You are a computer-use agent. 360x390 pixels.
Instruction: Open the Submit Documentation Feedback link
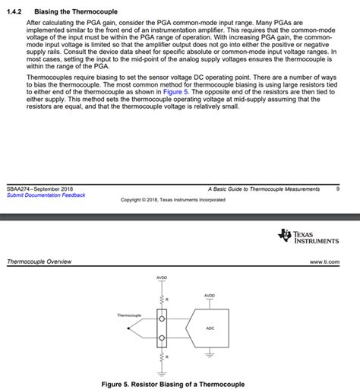click(46, 195)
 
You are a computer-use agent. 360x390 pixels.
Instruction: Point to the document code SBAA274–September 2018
click(39, 188)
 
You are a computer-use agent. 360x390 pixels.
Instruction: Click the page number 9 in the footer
click(337, 188)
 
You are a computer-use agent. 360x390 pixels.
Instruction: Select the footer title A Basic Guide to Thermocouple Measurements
click(264, 188)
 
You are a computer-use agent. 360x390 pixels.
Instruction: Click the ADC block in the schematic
click(210, 328)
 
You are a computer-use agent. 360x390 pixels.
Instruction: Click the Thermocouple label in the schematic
click(129, 315)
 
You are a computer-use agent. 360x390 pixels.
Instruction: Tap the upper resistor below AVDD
click(161, 300)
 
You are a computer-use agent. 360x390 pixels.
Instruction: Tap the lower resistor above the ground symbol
click(161, 356)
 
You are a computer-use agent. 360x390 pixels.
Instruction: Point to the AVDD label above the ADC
click(210, 295)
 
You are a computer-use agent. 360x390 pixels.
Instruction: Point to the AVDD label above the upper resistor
click(161, 278)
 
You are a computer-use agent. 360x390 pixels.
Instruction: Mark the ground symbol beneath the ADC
click(210, 360)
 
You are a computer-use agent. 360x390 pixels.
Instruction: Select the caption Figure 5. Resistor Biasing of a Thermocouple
click(173, 384)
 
